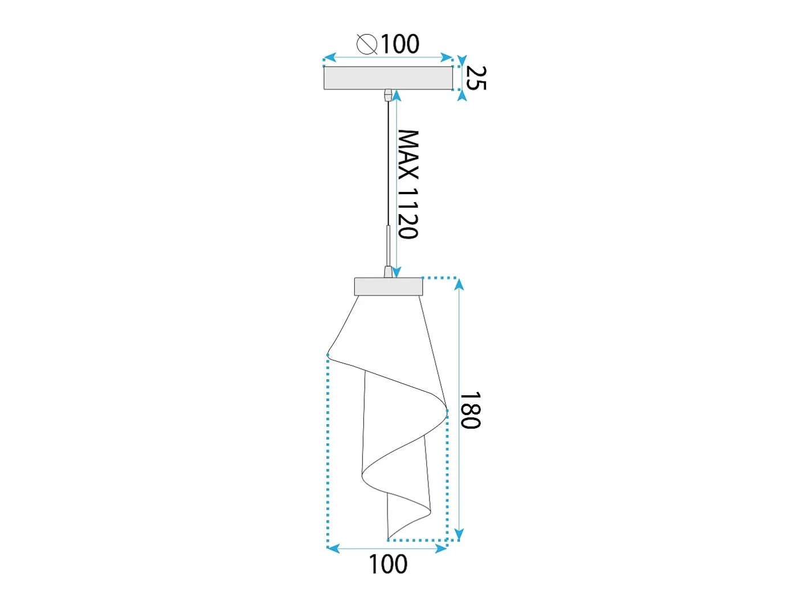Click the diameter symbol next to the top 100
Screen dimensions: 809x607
367,44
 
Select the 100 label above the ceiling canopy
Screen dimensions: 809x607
400,44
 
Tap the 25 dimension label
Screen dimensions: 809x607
476,77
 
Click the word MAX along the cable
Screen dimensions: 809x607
408,154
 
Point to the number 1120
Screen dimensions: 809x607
408,214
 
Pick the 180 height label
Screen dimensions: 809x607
470,411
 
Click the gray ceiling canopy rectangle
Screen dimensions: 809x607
388,78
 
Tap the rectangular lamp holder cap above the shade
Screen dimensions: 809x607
388,286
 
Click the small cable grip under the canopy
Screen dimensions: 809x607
388,96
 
